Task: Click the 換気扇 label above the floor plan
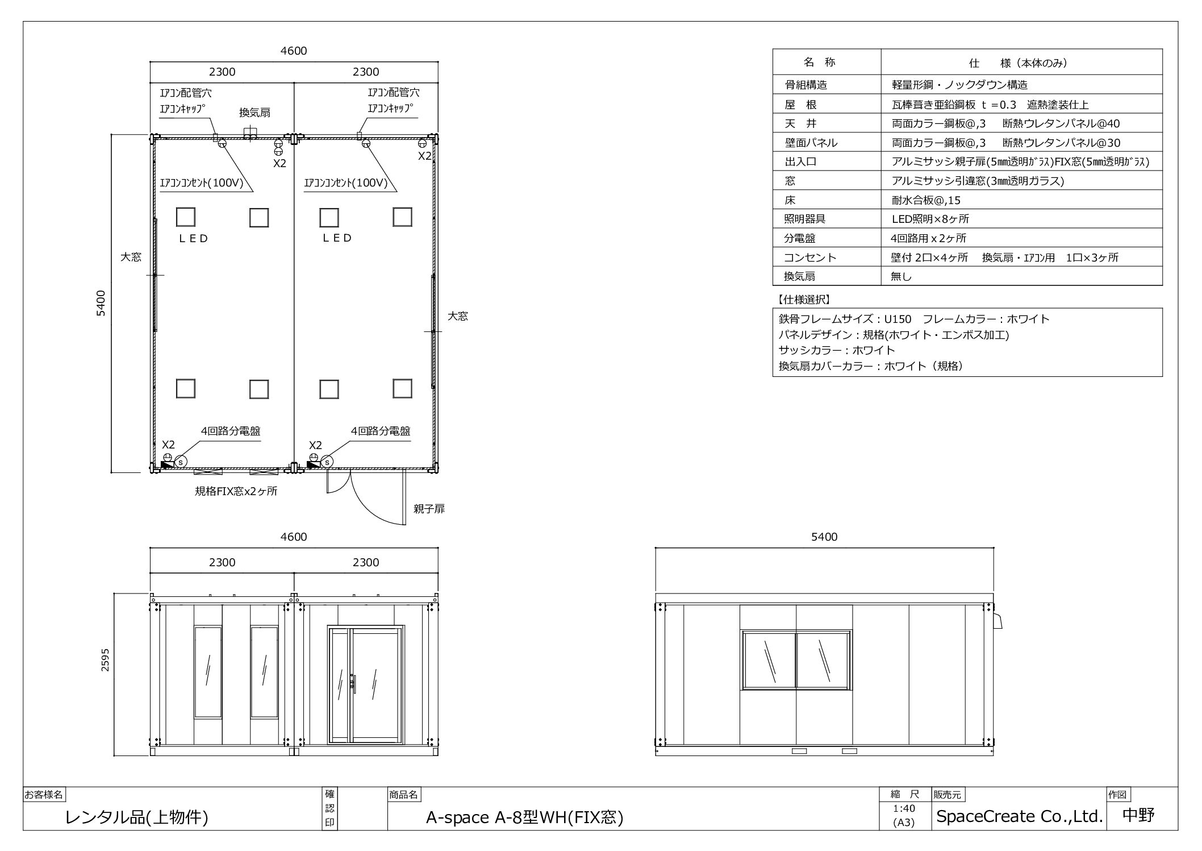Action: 254,113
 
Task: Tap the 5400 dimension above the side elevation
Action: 824,537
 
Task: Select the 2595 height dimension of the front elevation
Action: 106,660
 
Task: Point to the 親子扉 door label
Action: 429,509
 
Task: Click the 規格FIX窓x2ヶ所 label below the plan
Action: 236,491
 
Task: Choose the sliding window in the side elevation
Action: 796,660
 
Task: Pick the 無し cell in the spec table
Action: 901,276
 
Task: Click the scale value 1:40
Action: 904,808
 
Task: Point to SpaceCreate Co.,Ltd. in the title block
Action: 1020,816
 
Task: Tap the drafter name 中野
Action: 1139,815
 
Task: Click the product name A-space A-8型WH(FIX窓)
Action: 525,817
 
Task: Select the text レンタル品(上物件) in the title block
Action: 137,817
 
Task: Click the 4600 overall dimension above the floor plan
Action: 294,51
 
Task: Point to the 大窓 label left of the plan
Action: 131,257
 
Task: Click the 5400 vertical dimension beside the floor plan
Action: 101,303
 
